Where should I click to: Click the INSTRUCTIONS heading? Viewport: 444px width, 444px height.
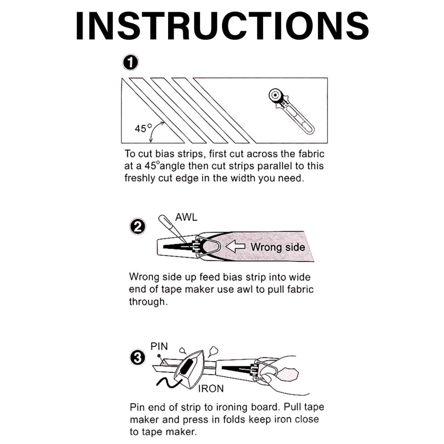click(x=222, y=26)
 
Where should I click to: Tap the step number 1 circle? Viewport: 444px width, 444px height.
click(x=131, y=63)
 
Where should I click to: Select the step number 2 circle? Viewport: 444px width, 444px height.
click(x=138, y=227)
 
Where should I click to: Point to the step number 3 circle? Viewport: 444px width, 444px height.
click(x=138, y=358)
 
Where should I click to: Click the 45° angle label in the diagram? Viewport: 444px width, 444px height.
click(x=143, y=128)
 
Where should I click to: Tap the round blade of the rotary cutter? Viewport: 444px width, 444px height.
click(x=275, y=95)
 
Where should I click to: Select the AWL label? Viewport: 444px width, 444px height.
click(x=186, y=217)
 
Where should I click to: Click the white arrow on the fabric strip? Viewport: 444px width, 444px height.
click(x=235, y=247)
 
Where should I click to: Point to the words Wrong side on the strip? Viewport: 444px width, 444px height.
click(x=278, y=247)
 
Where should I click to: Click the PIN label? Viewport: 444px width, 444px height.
click(x=159, y=346)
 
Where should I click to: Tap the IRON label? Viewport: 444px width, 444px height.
click(x=211, y=388)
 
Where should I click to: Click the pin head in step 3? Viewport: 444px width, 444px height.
click(x=159, y=356)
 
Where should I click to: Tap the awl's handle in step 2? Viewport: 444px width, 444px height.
click(x=164, y=222)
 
